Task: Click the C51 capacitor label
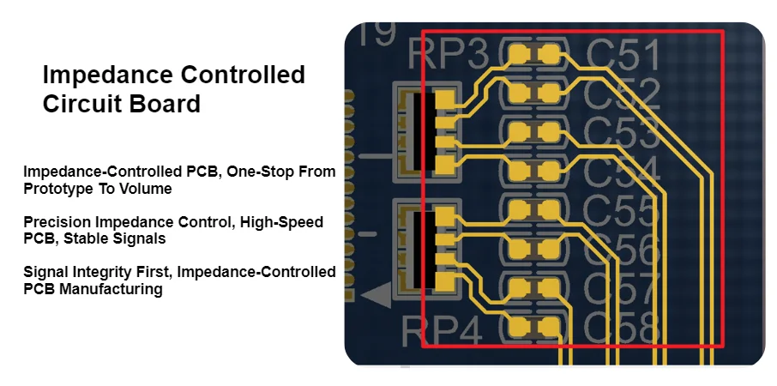coord(623,57)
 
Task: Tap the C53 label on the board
coord(624,133)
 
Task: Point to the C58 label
coord(623,328)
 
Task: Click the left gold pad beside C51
coord(518,56)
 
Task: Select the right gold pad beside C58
coord(549,327)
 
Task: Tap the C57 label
coord(624,289)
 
